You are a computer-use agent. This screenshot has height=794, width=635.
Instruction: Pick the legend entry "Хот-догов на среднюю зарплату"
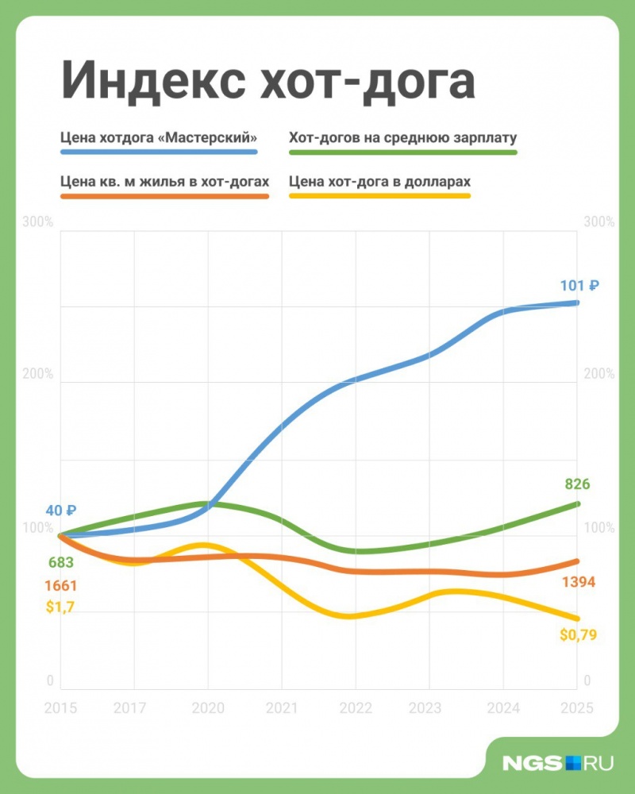click(403, 136)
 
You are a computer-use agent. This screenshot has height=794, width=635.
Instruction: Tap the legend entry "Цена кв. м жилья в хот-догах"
click(164, 181)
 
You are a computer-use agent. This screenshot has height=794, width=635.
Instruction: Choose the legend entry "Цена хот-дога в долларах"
click(380, 181)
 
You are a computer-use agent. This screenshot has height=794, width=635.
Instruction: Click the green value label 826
click(577, 484)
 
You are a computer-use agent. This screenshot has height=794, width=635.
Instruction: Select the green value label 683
click(61, 563)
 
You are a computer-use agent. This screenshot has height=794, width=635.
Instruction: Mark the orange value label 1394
click(578, 583)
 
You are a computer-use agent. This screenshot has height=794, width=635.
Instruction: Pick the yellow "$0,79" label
click(578, 634)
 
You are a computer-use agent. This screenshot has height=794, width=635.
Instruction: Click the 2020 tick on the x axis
click(208, 708)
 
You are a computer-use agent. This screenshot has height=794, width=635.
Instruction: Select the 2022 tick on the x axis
click(356, 708)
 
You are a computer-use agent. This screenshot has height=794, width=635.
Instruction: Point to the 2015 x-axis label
click(61, 708)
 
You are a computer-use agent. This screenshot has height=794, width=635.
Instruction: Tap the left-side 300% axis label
click(39, 222)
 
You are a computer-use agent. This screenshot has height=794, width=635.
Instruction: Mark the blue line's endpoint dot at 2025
click(576, 303)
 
